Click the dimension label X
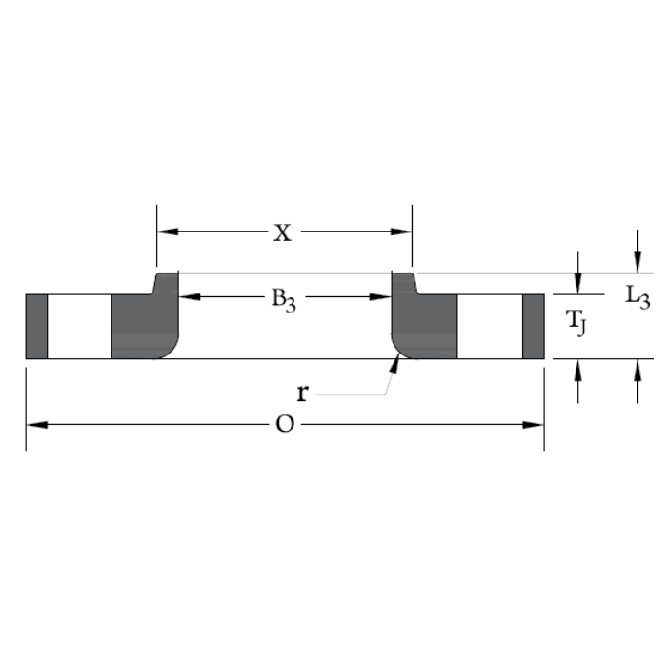click(283, 232)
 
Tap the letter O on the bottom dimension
click(284, 425)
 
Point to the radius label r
click(302, 393)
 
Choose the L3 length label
click(637, 297)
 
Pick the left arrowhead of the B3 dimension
click(188, 297)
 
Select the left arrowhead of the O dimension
click(35, 425)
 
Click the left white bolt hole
click(79, 327)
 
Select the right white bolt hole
click(490, 327)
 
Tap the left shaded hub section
click(143, 324)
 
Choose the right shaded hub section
click(426, 324)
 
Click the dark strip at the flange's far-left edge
click(36, 327)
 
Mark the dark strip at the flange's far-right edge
click(533, 327)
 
